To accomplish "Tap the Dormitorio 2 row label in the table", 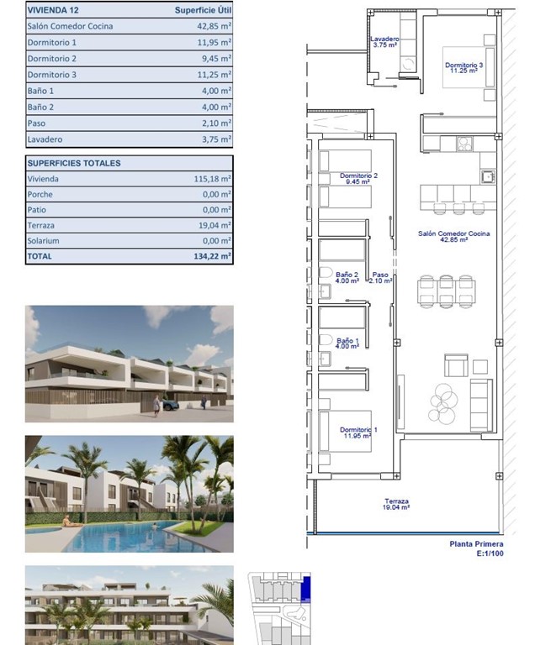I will (52, 59).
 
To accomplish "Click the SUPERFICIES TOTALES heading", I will (74, 163).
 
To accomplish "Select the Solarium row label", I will (44, 241).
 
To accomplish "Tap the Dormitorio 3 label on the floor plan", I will (463, 67).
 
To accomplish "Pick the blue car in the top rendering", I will (171, 404).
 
